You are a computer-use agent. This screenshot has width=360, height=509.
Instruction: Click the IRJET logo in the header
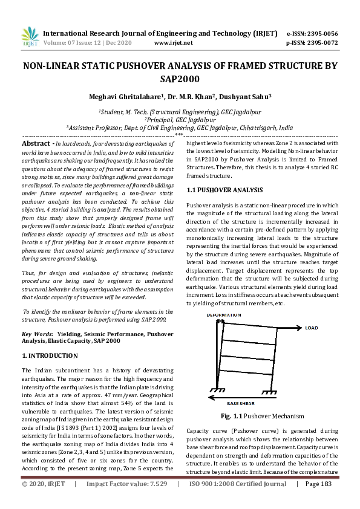coord(29,37)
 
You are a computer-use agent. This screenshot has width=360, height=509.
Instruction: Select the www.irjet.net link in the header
coord(174,43)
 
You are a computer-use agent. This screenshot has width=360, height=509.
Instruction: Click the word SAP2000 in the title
coord(180,79)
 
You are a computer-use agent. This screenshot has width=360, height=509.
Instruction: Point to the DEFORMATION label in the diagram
coord(224,315)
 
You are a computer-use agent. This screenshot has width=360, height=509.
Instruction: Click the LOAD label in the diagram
coord(312,328)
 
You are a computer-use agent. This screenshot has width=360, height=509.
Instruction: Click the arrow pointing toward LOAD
coord(289,328)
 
